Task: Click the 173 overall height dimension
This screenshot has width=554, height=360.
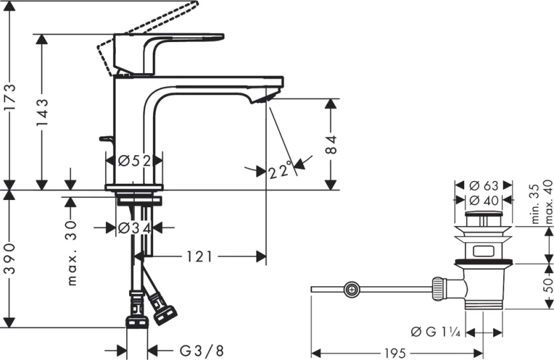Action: (x=10, y=98)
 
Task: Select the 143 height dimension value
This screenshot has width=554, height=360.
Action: (x=41, y=112)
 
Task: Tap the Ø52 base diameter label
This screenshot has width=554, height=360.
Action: (x=135, y=161)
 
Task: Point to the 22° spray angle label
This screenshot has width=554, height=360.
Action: (x=281, y=171)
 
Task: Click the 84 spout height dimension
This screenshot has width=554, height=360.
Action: (x=330, y=145)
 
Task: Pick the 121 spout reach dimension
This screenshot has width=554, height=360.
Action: (x=199, y=257)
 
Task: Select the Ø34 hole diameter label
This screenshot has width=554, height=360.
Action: (x=135, y=228)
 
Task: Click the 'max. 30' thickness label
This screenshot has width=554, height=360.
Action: (x=71, y=253)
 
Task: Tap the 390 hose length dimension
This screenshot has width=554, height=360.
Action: (x=10, y=259)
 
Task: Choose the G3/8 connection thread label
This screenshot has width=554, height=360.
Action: (x=202, y=351)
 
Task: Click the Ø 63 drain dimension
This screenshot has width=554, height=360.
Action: (x=484, y=185)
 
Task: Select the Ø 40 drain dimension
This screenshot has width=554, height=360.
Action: (x=484, y=201)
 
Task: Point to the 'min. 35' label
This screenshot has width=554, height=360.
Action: (x=536, y=204)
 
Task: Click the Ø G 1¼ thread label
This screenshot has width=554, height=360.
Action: (x=435, y=332)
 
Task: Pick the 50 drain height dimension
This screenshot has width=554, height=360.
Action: (x=548, y=285)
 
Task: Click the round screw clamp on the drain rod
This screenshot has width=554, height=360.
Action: (x=351, y=289)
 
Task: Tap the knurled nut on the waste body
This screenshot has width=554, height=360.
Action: (x=438, y=289)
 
